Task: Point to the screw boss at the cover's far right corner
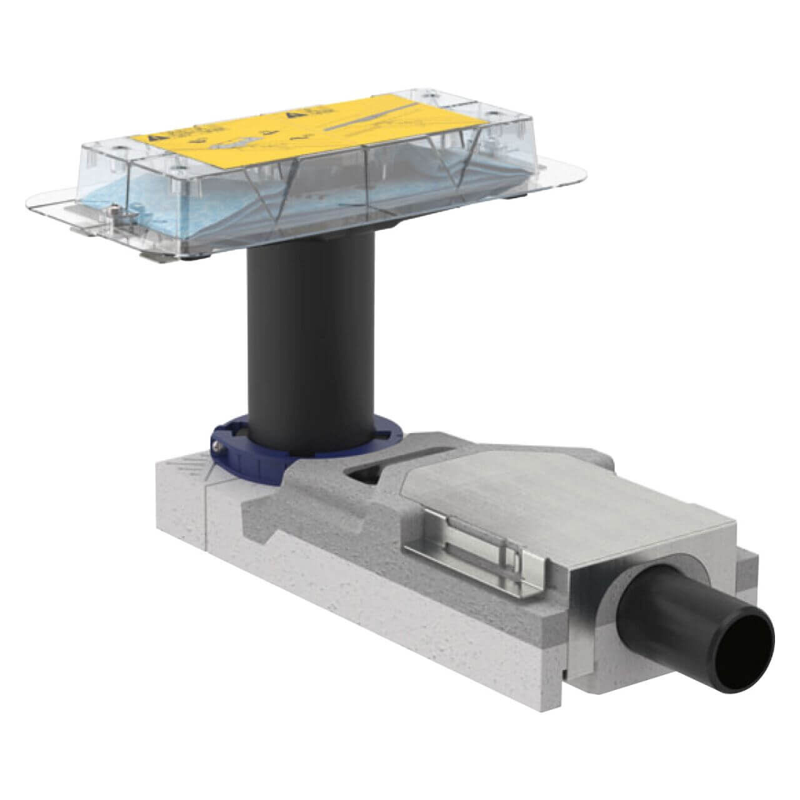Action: pos(494,116)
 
